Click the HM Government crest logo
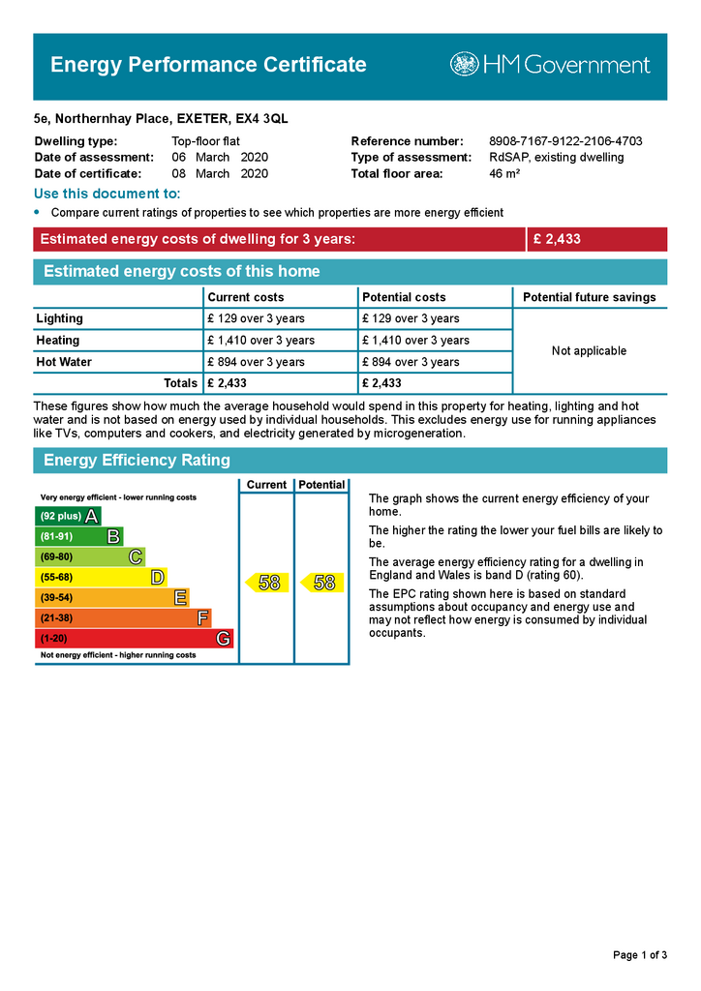[464, 65]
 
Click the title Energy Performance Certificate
[208, 65]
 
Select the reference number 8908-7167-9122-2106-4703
[565, 141]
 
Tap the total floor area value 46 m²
[504, 174]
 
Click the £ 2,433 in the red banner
[557, 239]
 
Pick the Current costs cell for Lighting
[256, 318]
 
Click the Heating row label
[58, 341]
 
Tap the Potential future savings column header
[589, 297]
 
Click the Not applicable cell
[589, 350]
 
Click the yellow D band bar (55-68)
[101, 578]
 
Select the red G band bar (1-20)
[134, 639]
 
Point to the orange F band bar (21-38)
[122, 618]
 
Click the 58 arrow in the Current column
[267, 583]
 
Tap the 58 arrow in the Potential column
[322, 583]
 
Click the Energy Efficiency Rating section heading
[137, 461]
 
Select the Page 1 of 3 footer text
[640, 955]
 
